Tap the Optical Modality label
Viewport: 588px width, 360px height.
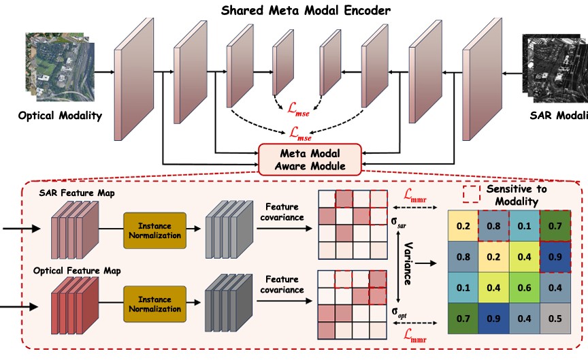pos(60,115)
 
